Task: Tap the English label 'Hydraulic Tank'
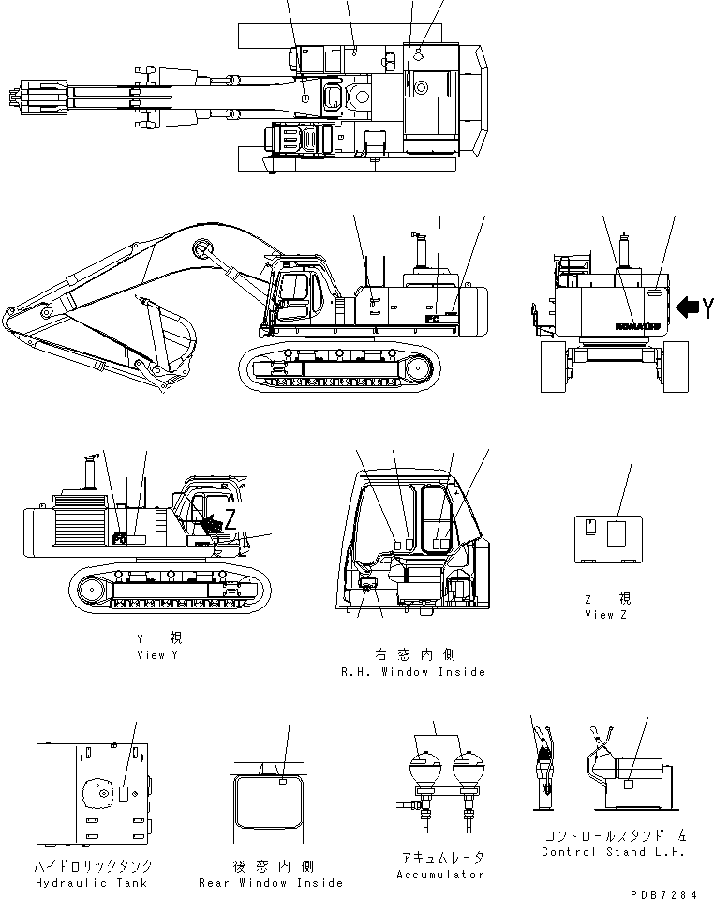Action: (x=92, y=883)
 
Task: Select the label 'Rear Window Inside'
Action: (x=271, y=883)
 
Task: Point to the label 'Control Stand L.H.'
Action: (x=613, y=852)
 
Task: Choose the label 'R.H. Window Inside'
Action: (x=413, y=672)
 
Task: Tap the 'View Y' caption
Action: (x=156, y=655)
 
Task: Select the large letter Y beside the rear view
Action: (x=707, y=307)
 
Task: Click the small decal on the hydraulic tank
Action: (x=125, y=794)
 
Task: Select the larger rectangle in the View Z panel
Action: (x=616, y=533)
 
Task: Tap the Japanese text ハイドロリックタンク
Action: (x=92, y=866)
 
